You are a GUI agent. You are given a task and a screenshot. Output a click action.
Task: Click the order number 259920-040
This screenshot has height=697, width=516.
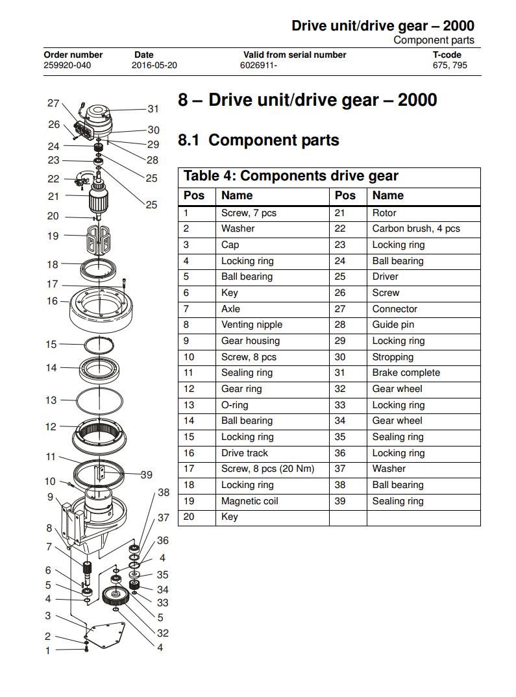click(68, 66)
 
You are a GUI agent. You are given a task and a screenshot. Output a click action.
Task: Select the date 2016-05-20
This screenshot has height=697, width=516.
click(154, 66)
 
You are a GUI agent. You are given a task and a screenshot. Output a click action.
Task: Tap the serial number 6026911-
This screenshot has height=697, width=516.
click(258, 66)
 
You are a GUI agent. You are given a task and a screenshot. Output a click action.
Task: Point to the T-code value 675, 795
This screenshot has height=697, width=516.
click(450, 66)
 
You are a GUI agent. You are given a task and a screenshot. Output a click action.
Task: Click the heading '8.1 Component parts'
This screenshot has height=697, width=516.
click(258, 140)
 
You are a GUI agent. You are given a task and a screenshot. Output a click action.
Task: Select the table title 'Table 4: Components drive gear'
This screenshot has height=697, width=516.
click(291, 176)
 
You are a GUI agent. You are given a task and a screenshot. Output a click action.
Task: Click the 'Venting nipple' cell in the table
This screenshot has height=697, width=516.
click(252, 324)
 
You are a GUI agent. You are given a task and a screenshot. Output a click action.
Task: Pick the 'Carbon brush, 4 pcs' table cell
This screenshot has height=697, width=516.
click(416, 228)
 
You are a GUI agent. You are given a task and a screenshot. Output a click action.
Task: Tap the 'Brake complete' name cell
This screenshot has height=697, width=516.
click(406, 373)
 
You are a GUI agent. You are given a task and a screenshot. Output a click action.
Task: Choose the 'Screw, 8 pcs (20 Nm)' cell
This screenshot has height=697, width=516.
click(267, 469)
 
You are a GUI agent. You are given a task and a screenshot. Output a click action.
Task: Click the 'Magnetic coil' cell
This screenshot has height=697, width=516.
click(250, 501)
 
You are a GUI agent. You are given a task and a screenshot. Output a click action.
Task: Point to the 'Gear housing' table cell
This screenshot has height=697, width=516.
click(251, 341)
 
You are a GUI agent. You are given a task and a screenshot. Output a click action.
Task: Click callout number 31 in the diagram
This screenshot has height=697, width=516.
click(153, 109)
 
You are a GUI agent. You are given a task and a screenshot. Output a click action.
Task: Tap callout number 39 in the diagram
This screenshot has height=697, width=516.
click(147, 475)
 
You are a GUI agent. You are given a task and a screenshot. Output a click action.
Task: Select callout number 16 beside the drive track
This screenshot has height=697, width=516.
click(53, 301)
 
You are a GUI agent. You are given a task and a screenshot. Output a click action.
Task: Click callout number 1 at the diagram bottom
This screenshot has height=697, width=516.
click(47, 650)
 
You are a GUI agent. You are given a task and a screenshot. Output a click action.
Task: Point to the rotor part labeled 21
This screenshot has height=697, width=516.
click(99, 196)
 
